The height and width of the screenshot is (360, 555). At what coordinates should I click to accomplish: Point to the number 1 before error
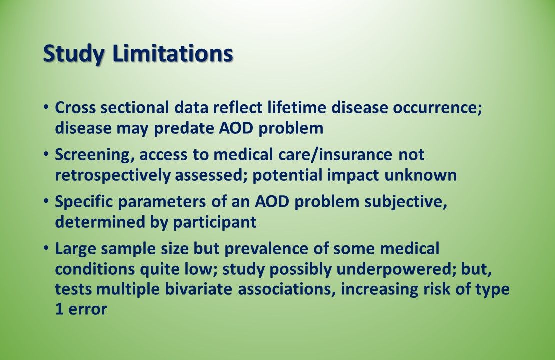tap(59, 309)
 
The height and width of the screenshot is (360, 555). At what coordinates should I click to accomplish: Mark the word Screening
tap(93, 155)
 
